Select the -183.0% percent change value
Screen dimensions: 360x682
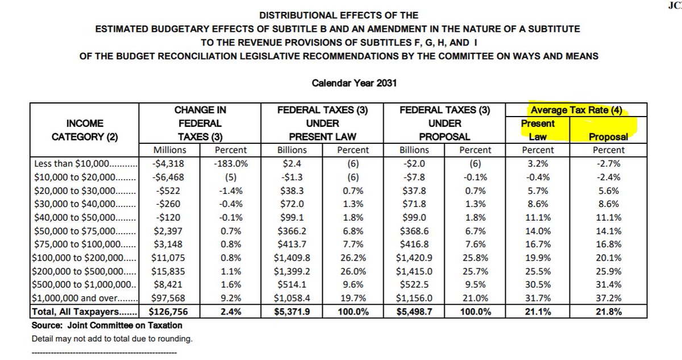click(231, 164)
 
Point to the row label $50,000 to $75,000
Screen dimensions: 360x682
click(83, 231)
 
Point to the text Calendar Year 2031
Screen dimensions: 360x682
click(354, 82)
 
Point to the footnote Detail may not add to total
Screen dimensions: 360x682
click(112, 340)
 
